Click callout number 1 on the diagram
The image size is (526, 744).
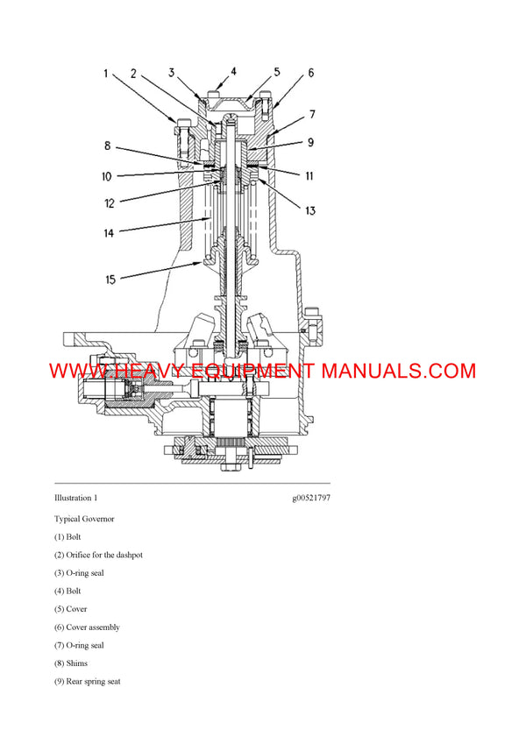pos(105,74)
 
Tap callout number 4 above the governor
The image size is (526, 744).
pos(233,71)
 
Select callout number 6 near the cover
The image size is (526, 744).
pos(310,73)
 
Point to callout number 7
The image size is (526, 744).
pos(311,114)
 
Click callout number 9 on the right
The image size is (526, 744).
pos(309,142)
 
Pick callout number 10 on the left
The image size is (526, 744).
pos(106,176)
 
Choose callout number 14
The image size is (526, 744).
pos(108,234)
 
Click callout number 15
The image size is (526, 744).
pos(110,280)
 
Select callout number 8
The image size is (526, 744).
pos(106,145)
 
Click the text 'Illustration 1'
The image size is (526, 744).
pos(76,497)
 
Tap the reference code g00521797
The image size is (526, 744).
pos(311,497)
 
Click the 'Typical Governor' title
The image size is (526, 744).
pos(84,519)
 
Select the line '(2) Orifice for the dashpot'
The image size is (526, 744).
pos(98,555)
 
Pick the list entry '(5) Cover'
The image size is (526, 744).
pos(71,609)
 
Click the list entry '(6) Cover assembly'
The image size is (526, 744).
pos(88,627)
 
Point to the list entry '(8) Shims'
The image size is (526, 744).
pos(71,663)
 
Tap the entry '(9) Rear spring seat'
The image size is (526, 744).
pos(88,681)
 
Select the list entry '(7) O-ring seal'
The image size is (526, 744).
pos(80,645)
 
